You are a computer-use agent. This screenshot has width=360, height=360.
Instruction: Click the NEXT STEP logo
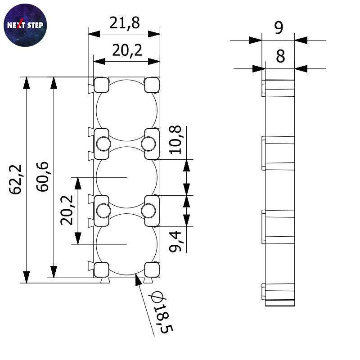(x=25, y=25)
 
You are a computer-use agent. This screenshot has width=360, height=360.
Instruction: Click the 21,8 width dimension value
(x=125, y=23)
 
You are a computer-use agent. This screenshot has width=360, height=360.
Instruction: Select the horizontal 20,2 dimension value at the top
(x=127, y=50)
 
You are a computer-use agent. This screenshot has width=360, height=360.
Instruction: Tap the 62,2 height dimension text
(x=15, y=179)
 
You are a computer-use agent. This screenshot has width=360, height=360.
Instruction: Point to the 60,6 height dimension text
(x=42, y=176)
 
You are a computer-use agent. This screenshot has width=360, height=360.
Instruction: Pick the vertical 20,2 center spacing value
(x=67, y=210)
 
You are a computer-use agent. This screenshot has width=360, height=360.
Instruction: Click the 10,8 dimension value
(x=175, y=140)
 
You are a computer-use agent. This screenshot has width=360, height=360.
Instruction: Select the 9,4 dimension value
(x=175, y=242)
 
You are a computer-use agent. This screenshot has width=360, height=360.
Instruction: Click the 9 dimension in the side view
(x=279, y=28)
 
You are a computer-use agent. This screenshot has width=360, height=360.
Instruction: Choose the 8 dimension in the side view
(x=280, y=56)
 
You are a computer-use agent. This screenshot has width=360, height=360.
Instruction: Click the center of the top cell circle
(x=126, y=110)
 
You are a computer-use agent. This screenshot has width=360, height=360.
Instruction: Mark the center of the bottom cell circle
(x=126, y=244)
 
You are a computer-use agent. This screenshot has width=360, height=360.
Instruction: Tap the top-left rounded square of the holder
(x=101, y=85)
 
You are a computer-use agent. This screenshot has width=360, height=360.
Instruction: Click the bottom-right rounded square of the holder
(x=152, y=270)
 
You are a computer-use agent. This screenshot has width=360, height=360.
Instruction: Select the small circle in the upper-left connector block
(x=103, y=144)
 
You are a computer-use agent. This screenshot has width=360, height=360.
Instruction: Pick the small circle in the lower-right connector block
(x=148, y=211)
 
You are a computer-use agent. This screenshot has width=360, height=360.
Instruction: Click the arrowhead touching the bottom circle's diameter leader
(x=138, y=279)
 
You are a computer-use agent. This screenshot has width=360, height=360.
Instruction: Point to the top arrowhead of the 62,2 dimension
(x=27, y=83)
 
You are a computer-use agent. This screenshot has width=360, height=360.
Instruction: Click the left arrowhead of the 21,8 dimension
(x=94, y=34)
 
